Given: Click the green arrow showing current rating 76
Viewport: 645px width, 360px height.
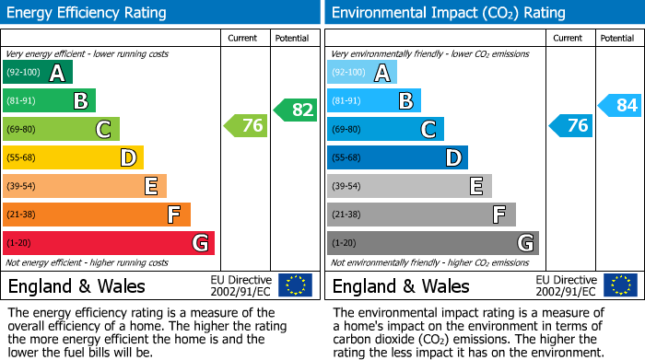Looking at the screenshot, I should click(246, 126).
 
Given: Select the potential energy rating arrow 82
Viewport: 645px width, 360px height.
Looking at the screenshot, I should click(295, 110).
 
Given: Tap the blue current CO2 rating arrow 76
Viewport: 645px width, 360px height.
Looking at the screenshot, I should click(571, 126).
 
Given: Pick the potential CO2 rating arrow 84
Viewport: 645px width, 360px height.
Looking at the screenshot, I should click(620, 106).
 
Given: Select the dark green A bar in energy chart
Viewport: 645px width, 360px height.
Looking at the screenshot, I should click(38, 73).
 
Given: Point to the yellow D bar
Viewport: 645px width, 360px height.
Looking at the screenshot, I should click(74, 158).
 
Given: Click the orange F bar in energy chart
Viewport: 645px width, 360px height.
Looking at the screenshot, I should click(97, 215).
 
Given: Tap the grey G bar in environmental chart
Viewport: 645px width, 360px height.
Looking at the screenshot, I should click(432, 243).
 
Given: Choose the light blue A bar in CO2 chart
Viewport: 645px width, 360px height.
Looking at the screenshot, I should click(362, 73).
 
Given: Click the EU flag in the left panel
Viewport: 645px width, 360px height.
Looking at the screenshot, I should click(295, 285).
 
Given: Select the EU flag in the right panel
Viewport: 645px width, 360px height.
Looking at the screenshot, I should click(620, 285).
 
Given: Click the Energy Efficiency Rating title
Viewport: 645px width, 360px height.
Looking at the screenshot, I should click(88, 13).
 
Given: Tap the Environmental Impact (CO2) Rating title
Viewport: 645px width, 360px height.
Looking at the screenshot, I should click(448, 13).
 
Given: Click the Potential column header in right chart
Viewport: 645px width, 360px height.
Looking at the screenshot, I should click(617, 38).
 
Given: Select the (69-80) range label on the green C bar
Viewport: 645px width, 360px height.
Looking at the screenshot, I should click(22, 130).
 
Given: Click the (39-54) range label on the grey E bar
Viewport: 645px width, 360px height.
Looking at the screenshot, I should click(346, 187).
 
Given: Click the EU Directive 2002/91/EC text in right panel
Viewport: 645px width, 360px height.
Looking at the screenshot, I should click(566, 285).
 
